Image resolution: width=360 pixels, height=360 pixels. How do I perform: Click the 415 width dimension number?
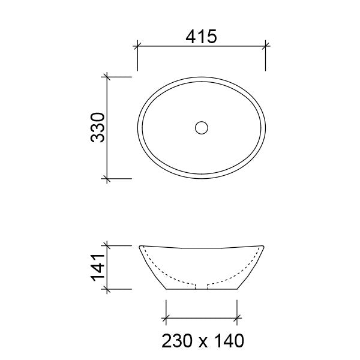pyautogui.click(x=202, y=36)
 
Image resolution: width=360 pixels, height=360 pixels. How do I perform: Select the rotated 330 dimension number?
pyautogui.click(x=98, y=128)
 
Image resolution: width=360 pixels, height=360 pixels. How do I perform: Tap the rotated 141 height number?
pyautogui.click(x=98, y=268)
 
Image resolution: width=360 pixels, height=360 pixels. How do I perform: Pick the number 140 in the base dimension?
pyautogui.click(x=227, y=341)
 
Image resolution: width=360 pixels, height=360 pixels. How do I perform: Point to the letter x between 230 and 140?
pyautogui.click(x=202, y=343)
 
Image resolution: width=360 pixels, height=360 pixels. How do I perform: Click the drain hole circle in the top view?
pyautogui.click(x=202, y=127)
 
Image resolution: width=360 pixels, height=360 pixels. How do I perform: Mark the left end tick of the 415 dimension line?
pyautogui.click(x=138, y=44)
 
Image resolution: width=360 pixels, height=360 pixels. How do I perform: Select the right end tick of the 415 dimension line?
pyautogui.click(x=266, y=44)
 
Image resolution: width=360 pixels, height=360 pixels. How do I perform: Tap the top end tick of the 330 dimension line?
pyautogui.click(x=107, y=77)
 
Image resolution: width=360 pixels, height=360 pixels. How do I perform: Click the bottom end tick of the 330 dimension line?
pyautogui.click(x=107, y=178)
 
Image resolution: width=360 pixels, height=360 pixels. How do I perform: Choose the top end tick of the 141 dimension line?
pyautogui.click(x=107, y=245)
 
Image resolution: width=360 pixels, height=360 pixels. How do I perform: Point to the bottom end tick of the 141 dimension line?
pyautogui.click(x=107, y=289)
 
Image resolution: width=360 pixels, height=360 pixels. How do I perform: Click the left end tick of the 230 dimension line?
pyautogui.click(x=166, y=318)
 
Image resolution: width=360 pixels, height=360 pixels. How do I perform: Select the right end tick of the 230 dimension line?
pyautogui.click(x=238, y=318)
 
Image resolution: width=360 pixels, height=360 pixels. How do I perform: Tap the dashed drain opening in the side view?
pyautogui.click(x=202, y=284)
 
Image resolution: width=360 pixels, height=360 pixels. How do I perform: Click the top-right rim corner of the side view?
pyautogui.click(x=265, y=246)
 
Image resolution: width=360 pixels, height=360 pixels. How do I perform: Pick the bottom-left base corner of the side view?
pyautogui.click(x=166, y=289)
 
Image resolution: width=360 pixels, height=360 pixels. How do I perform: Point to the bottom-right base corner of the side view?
pyautogui.click(x=238, y=289)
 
